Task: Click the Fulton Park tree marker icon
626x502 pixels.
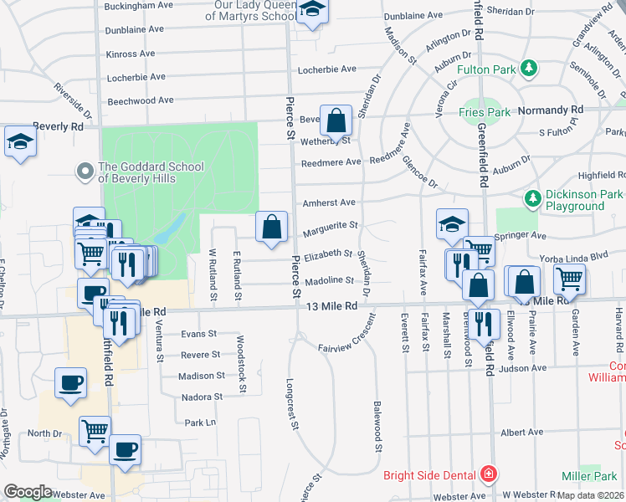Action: coord(528,67)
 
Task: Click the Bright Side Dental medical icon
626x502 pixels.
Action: coord(488,475)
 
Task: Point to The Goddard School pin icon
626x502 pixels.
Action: coord(85,172)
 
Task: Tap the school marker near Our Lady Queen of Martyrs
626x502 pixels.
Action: coord(312,11)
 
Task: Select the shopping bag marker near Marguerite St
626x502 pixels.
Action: coord(272,226)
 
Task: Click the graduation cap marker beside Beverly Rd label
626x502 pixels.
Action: coord(20,141)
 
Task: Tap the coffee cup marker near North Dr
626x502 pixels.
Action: coord(126,450)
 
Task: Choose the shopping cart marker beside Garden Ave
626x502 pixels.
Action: coord(569,278)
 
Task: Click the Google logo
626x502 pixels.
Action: coord(28,492)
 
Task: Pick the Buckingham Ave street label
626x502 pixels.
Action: coord(138,5)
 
